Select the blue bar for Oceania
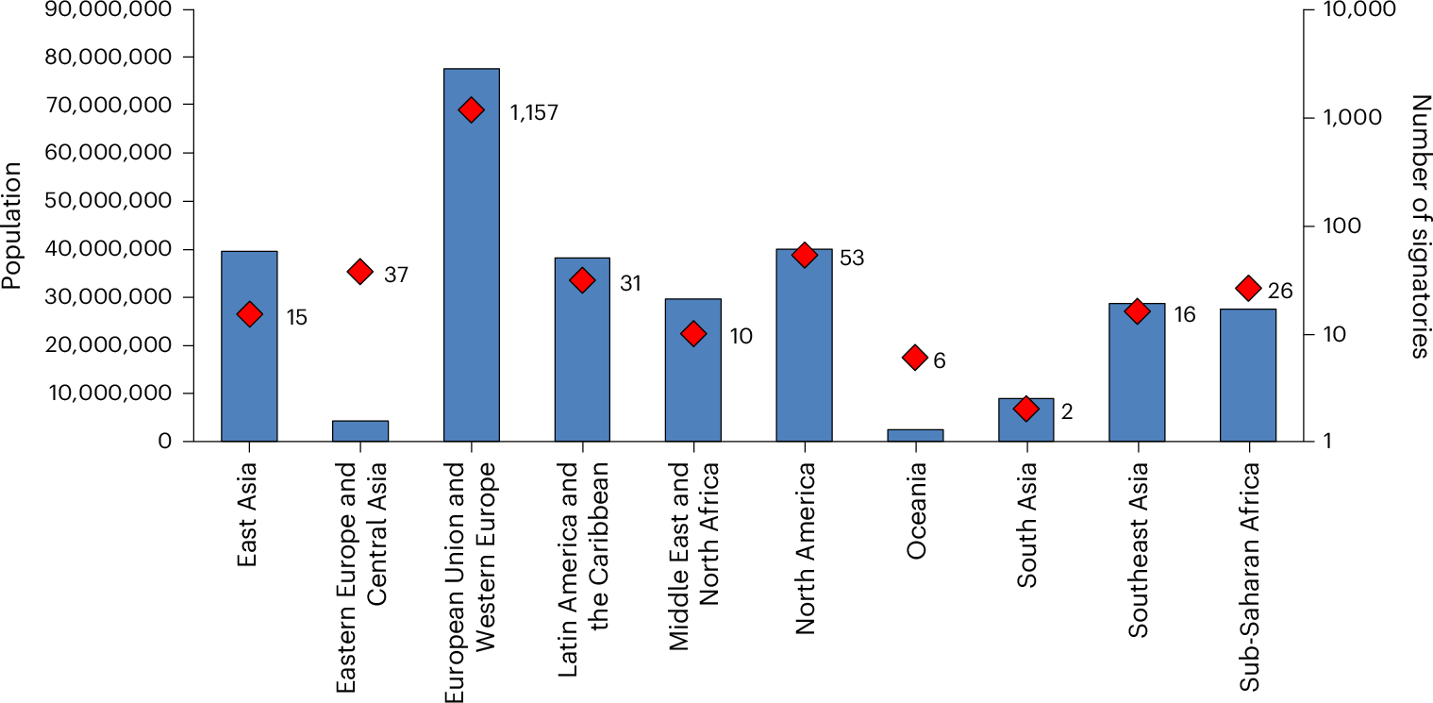pyautogui.click(x=915, y=435)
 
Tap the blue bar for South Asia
pyautogui.click(x=1025, y=420)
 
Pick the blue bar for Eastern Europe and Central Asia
pyautogui.click(x=360, y=431)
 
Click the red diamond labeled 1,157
pyautogui.click(x=471, y=110)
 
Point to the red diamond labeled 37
pyautogui.click(x=359, y=272)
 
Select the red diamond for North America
pyautogui.click(x=804, y=255)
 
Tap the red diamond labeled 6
pyautogui.click(x=914, y=357)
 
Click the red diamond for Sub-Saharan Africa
pyautogui.click(x=1248, y=288)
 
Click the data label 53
pyautogui.click(x=852, y=258)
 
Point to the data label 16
pyautogui.click(x=1184, y=314)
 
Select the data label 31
pyautogui.click(x=630, y=283)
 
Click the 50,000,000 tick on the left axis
pyautogui.click(x=108, y=201)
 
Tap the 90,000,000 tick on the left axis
pyautogui.click(x=108, y=9)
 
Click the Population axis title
pyautogui.click(x=12, y=225)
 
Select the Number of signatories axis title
pyautogui.click(x=1420, y=226)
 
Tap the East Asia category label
pyautogui.click(x=248, y=513)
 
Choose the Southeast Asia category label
pyautogui.click(x=1137, y=525)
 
